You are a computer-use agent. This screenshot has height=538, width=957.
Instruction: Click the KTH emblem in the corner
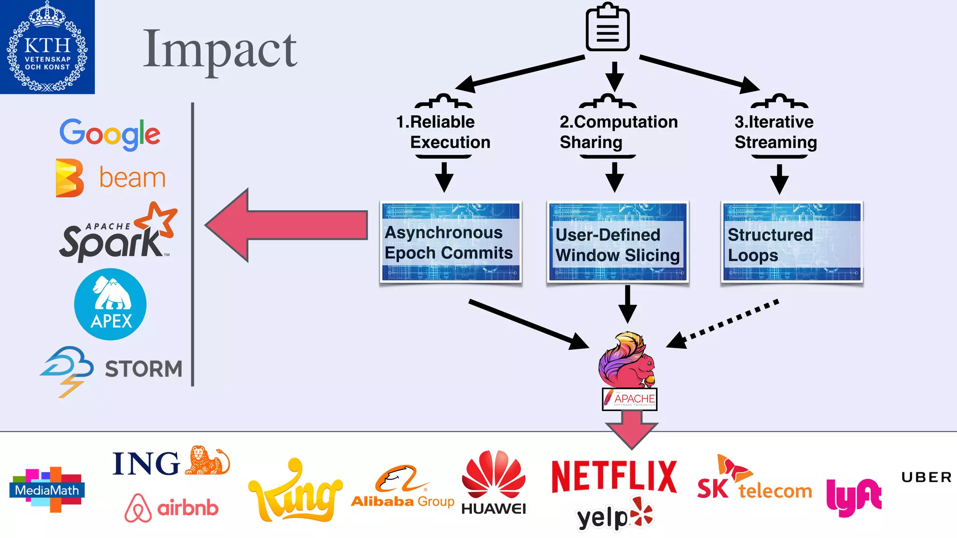[47, 47]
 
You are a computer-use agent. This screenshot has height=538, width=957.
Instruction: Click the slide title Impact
[220, 50]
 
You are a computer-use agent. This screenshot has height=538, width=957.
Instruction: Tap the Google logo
[110, 134]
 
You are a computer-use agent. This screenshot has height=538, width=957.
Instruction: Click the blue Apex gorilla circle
[110, 304]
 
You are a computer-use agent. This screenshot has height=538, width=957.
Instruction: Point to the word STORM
[143, 369]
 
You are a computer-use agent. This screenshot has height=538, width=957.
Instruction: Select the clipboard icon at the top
[607, 28]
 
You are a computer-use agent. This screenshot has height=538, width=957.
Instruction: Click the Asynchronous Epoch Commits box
[450, 242]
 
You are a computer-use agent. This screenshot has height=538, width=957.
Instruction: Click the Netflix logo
[614, 477]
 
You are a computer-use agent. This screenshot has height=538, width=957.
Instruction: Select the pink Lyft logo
[853, 497]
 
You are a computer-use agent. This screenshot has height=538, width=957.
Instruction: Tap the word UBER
[926, 477]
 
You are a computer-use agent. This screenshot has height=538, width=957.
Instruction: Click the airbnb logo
[171, 508]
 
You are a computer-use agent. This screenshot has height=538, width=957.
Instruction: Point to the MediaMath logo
[47, 489]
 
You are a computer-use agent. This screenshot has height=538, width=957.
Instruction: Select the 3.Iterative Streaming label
[775, 132]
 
